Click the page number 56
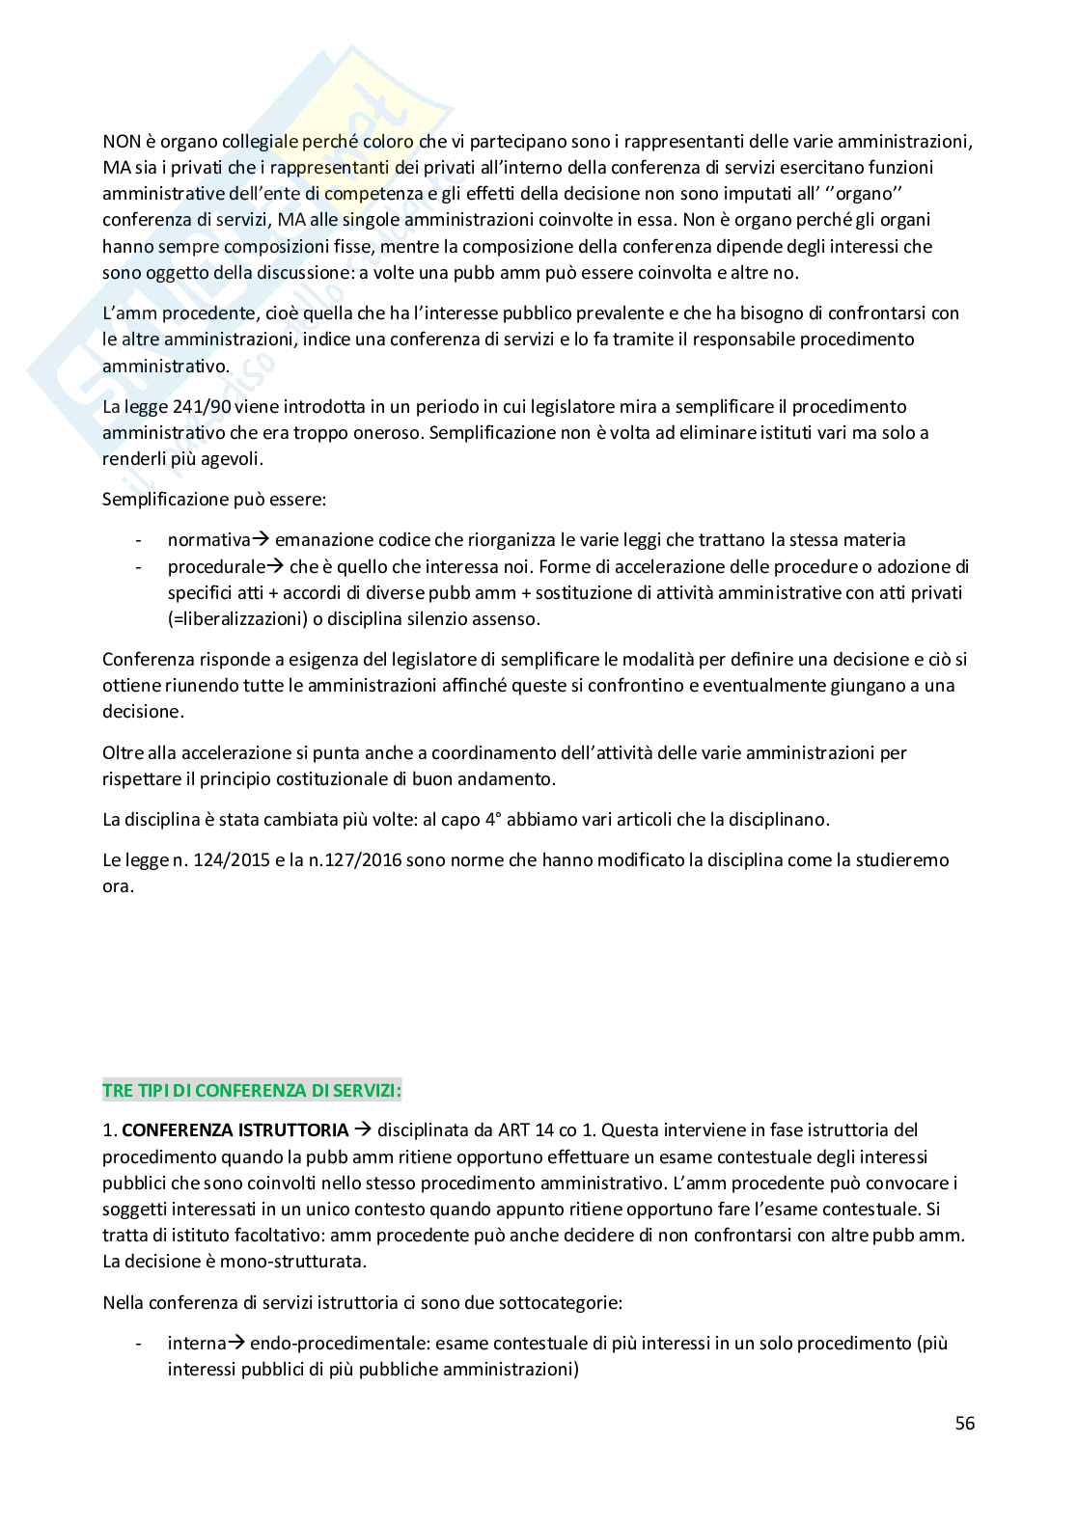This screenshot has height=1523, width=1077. (x=964, y=1424)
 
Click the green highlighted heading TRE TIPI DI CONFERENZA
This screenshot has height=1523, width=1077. (x=252, y=1091)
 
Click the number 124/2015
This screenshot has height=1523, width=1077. (x=210, y=859)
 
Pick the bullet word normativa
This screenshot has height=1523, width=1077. (x=208, y=540)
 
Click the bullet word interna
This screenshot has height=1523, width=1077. (x=196, y=1343)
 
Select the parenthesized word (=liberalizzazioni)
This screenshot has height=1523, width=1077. (x=235, y=618)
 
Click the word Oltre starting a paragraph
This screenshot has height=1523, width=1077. (x=122, y=752)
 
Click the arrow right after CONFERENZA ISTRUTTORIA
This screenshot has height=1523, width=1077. (x=362, y=1129)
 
